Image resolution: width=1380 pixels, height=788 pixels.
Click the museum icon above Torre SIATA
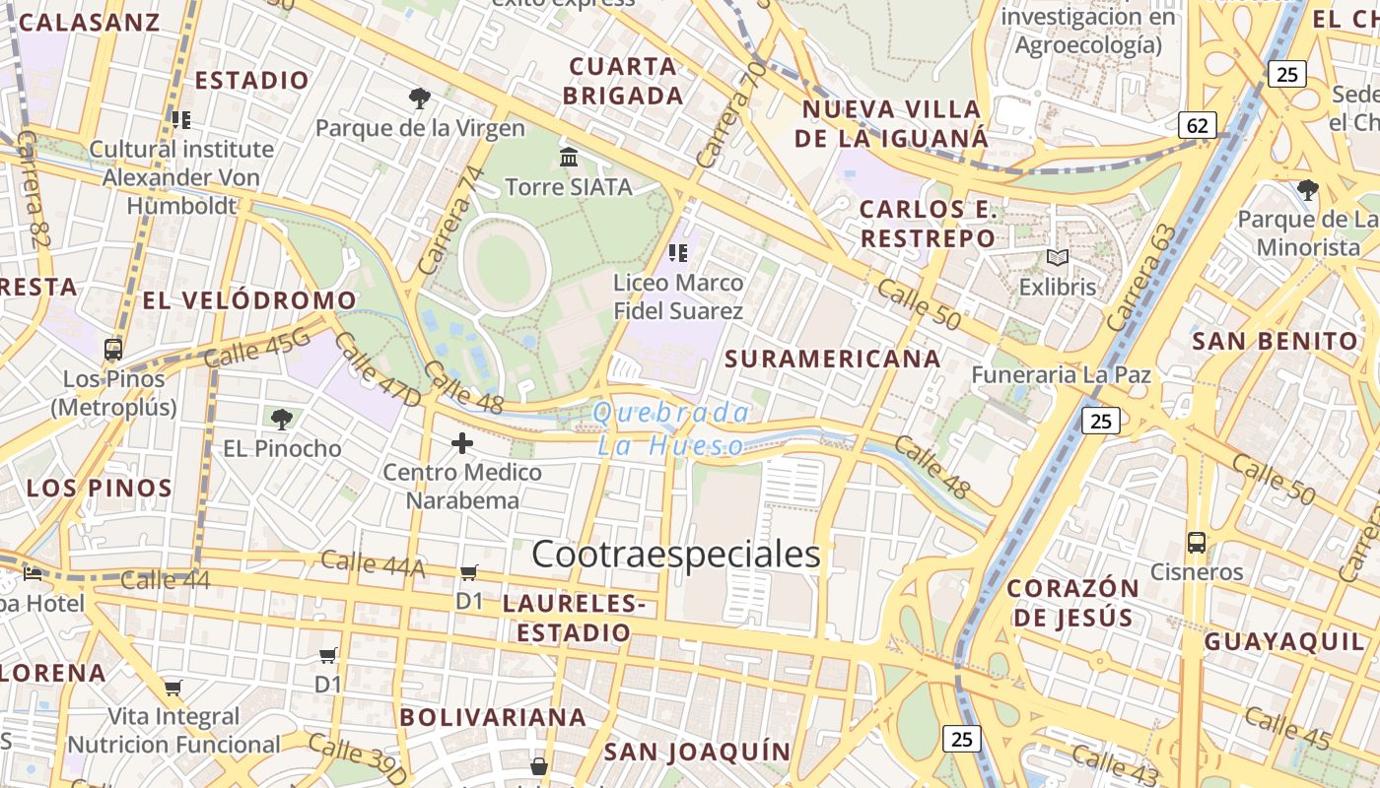[x=569, y=157]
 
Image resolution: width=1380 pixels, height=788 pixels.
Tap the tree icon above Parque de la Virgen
[x=420, y=98]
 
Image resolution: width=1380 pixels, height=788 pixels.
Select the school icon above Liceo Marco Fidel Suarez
[x=677, y=253]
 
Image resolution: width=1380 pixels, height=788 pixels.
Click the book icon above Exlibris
[x=1058, y=258]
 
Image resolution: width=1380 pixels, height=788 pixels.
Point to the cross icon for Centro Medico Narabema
[x=462, y=443]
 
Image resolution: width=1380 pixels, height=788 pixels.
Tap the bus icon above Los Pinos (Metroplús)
[x=113, y=350]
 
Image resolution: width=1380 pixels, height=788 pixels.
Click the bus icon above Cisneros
[x=1196, y=543]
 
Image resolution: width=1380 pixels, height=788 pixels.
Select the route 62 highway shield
[x=1198, y=125]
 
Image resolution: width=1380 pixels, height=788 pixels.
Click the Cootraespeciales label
[x=676, y=555]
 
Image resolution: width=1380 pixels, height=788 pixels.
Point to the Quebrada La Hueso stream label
[x=671, y=429]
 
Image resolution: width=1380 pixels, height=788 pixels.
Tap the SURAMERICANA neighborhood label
[x=833, y=359]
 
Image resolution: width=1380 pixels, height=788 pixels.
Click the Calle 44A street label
[x=373, y=563]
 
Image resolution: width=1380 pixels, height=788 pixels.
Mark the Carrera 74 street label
[x=452, y=220]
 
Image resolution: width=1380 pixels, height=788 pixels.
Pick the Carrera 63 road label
[x=1141, y=277]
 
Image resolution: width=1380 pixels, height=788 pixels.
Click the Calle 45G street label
[x=257, y=348]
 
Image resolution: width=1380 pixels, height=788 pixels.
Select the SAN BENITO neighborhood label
[x=1276, y=342]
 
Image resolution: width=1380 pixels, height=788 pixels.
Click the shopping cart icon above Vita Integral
[x=173, y=688]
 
